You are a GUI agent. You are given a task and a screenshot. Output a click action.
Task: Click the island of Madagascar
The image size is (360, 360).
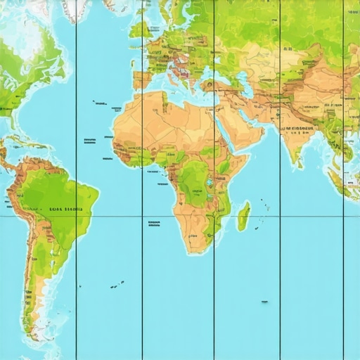(243, 216)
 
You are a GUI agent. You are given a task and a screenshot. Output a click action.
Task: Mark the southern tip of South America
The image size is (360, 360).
(32, 336)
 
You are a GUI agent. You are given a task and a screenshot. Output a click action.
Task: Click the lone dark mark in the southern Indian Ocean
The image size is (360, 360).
(264, 302)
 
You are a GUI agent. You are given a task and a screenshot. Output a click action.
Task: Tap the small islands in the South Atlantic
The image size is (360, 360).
(117, 285)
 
